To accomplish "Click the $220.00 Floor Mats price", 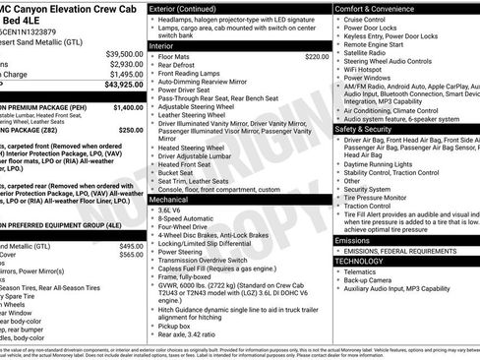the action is pyautogui.click(x=316, y=57).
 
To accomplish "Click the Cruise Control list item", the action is pyautogui.click(x=367, y=19).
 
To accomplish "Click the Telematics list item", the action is pyautogui.click(x=364, y=271).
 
